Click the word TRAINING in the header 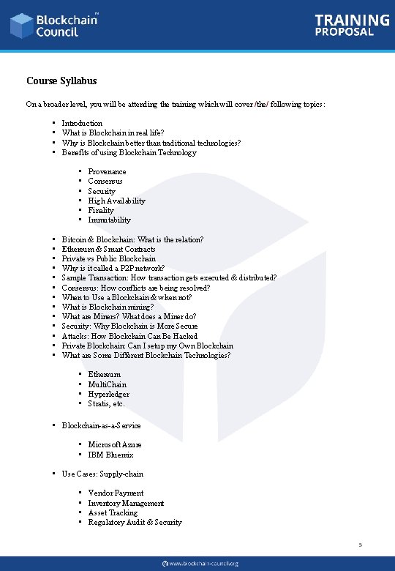pyautogui.click(x=352, y=20)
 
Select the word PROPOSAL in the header pyautogui.click(x=345, y=32)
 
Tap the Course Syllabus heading pyautogui.click(x=61, y=81)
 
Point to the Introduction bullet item pyautogui.click(x=82, y=123)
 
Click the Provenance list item pyautogui.click(x=107, y=171)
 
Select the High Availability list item pyautogui.click(x=116, y=201)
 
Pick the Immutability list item pyautogui.click(x=109, y=220)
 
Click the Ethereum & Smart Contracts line pyautogui.click(x=108, y=249)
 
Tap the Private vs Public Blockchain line pyautogui.click(x=108, y=258)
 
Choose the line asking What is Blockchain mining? pyautogui.click(x=108, y=307)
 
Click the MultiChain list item pyautogui.click(x=107, y=384)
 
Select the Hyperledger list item pyautogui.click(x=108, y=394)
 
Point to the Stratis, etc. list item pyautogui.click(x=106, y=403)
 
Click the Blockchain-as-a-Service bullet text pyautogui.click(x=101, y=425)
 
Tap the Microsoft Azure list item pyautogui.click(x=115, y=444)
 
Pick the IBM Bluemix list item pyautogui.click(x=110, y=455)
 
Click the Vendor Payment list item pyautogui.click(x=116, y=493)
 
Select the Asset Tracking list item pyautogui.click(x=113, y=512)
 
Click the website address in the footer pyautogui.click(x=204, y=564)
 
